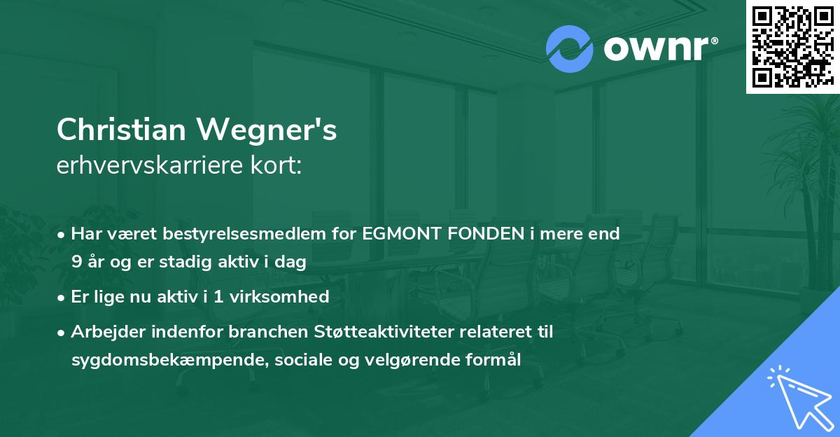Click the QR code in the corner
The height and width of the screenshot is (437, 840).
(792, 47)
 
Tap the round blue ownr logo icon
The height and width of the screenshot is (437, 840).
(569, 48)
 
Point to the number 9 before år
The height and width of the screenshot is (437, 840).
(76, 263)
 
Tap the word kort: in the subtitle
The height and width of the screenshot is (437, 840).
(281, 165)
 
